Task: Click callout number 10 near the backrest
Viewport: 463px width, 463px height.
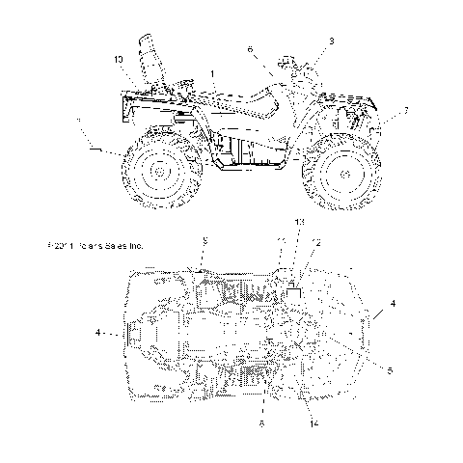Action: pos(118,60)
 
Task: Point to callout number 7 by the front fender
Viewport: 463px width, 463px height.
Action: pos(405,111)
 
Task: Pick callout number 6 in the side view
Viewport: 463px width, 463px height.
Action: pos(250,48)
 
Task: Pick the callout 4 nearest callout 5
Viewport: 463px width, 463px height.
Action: pos(392,304)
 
